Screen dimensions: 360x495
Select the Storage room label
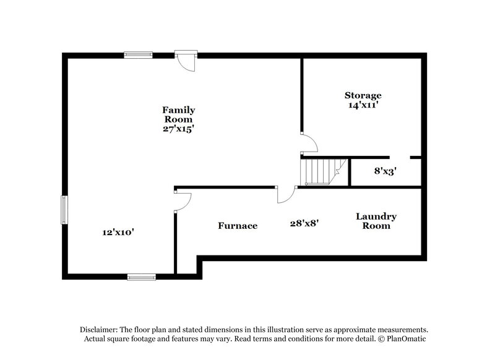point(363,95)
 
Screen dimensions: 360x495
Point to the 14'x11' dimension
point(363,105)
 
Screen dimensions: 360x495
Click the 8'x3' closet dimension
point(384,171)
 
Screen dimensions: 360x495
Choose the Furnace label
point(237,226)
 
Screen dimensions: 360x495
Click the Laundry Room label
point(376,221)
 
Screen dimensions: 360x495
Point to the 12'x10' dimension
point(118,233)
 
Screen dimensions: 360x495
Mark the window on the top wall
point(139,54)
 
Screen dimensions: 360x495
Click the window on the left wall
point(63,210)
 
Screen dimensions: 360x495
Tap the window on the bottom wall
point(142,276)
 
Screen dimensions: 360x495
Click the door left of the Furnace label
point(183,202)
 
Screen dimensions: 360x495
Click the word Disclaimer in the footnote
point(100,330)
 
